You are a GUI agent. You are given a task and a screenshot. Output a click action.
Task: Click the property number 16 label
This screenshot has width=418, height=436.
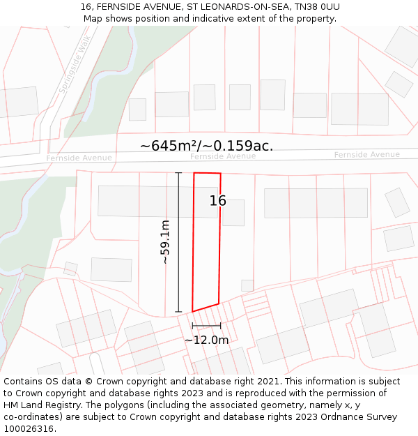pyautogui.click(x=218, y=201)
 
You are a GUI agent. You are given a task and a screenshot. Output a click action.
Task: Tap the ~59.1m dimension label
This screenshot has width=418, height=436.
pyautogui.click(x=165, y=242)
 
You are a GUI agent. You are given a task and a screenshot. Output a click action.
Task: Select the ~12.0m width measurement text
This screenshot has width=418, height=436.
pyautogui.click(x=206, y=340)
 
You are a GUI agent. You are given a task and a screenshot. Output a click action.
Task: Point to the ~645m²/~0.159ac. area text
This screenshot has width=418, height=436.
pyautogui.click(x=206, y=146)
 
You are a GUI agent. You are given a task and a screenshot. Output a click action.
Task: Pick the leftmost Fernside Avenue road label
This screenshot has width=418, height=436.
pyautogui.click(x=79, y=158)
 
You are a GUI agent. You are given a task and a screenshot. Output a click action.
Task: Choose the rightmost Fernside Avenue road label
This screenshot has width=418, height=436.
pyautogui.click(x=366, y=155)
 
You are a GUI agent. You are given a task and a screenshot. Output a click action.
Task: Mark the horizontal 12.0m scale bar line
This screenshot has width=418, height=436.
pyautogui.click(x=206, y=326)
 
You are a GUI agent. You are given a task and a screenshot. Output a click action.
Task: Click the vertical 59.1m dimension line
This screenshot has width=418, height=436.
pyautogui.click(x=178, y=242)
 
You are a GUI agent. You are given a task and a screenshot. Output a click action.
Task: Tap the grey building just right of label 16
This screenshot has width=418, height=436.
pyautogui.click(x=233, y=213)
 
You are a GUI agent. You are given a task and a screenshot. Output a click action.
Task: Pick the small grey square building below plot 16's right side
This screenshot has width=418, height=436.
pyautogui.click(x=247, y=285)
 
